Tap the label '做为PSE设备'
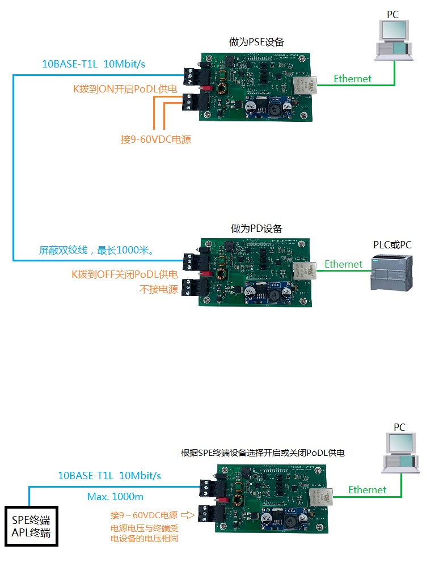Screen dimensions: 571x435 [256, 42]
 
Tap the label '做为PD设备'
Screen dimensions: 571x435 [256, 229]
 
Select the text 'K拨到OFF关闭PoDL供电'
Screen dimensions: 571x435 [124, 274]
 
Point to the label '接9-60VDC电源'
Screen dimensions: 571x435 [156, 139]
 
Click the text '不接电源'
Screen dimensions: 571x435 [159, 290]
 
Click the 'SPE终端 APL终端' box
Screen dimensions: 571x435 [31, 526]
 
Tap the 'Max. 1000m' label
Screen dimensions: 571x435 [115, 497]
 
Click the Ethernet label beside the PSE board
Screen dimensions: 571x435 [352, 79]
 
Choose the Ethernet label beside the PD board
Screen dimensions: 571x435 [343, 264]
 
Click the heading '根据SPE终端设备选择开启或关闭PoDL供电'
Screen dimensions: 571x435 [263, 453]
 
